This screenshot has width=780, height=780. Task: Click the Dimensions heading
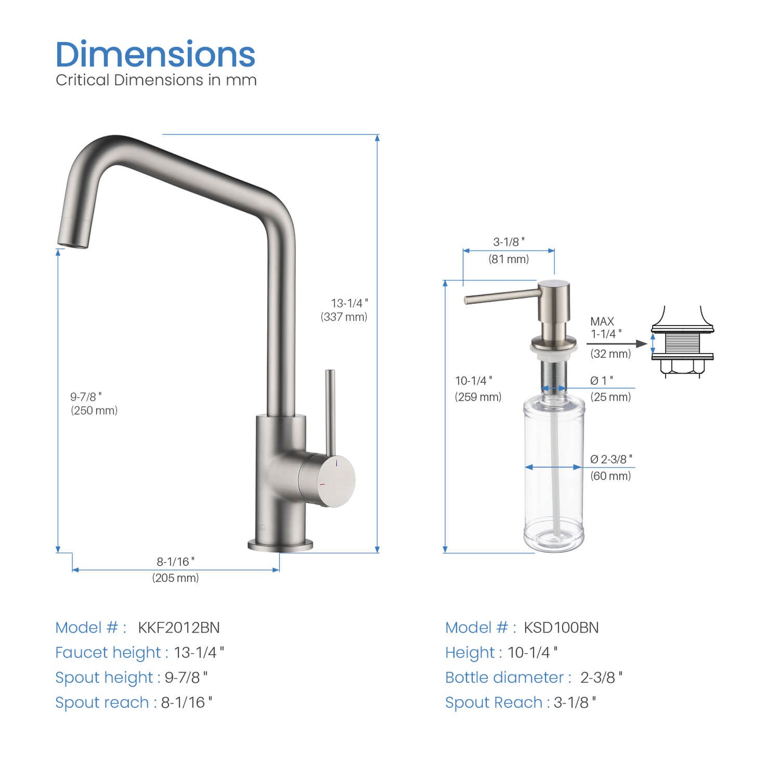click(x=155, y=55)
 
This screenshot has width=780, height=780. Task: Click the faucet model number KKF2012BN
click(x=179, y=627)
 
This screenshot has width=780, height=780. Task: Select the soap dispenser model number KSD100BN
click(x=561, y=627)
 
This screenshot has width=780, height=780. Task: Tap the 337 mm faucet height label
click(x=344, y=317)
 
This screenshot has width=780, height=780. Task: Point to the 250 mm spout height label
click(x=94, y=410)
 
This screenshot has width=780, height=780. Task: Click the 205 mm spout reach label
click(x=175, y=578)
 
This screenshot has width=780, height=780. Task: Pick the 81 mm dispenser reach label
click(x=508, y=259)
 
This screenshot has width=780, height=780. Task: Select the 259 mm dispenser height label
click(x=478, y=397)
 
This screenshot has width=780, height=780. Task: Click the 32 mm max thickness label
click(x=611, y=354)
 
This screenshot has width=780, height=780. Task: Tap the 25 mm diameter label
click(x=611, y=397)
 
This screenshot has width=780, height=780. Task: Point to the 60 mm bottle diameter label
click(x=611, y=476)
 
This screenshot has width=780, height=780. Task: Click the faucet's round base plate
click(x=280, y=545)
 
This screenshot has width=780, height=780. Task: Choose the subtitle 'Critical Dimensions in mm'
click(x=156, y=80)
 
